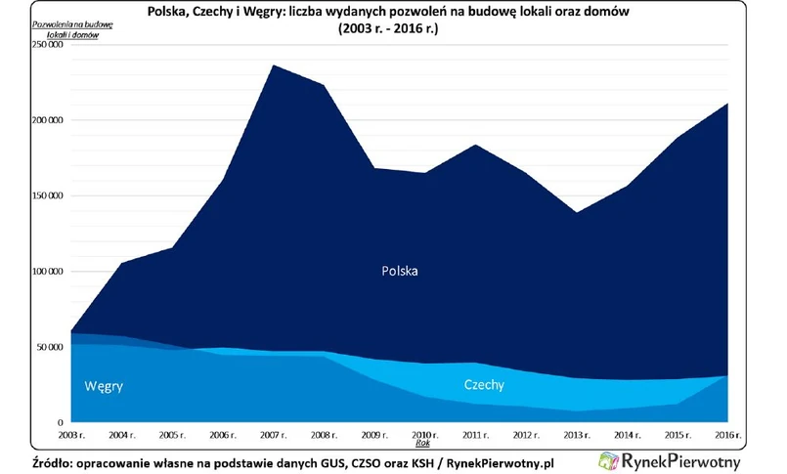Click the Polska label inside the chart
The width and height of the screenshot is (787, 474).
[x=399, y=271]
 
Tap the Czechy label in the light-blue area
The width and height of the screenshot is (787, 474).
[x=484, y=385]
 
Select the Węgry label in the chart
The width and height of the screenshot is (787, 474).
[x=104, y=386]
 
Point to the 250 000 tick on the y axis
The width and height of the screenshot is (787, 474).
[x=47, y=45]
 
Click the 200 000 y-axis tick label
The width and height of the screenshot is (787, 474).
[x=47, y=120]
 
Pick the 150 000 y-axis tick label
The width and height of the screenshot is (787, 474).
[x=47, y=195]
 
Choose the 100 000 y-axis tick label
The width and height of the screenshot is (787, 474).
[x=47, y=271]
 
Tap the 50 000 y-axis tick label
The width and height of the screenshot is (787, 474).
[x=50, y=347]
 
